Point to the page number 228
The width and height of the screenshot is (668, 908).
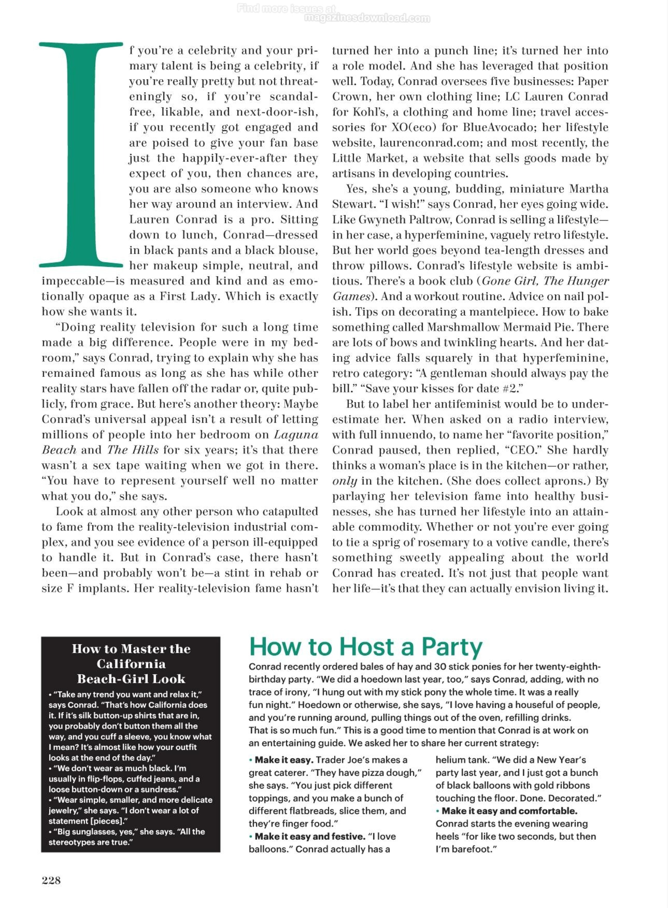[51, 880]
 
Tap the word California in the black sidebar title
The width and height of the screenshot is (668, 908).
[131, 664]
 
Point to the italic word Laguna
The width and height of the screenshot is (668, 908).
[296, 435]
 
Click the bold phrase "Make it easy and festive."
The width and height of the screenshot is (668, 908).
[310, 836]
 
